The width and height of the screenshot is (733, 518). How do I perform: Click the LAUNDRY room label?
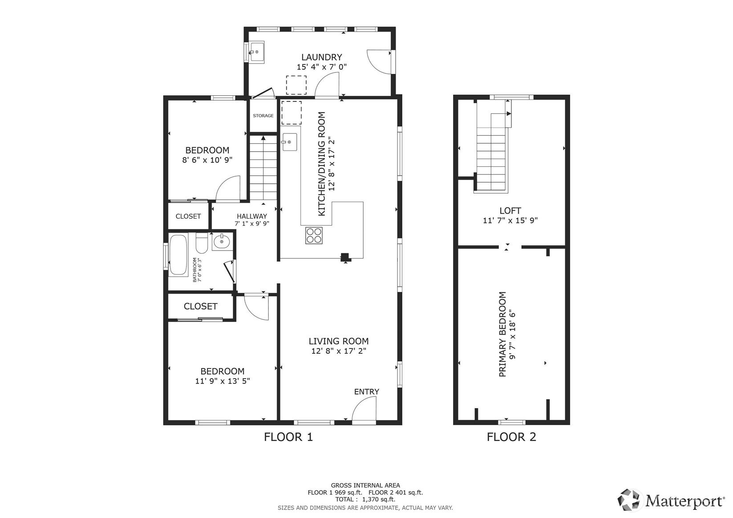[321, 57]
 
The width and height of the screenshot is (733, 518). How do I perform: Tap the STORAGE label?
[263, 116]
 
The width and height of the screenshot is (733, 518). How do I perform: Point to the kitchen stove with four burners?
[314, 235]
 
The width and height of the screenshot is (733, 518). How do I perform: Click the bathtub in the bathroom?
[178, 255]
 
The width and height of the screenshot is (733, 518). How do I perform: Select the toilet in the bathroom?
[202, 243]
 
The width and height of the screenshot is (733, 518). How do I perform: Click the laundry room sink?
[256, 52]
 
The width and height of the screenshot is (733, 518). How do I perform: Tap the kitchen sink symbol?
[290, 142]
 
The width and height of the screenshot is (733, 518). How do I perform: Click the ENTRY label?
[367, 391]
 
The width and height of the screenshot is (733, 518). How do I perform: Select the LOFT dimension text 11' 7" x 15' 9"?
[510, 221]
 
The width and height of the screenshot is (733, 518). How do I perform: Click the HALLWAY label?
[251, 216]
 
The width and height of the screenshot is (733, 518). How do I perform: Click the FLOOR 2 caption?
[511, 437]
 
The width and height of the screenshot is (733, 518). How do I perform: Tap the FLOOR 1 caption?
[288, 437]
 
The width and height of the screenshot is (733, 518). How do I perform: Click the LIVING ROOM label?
[339, 341]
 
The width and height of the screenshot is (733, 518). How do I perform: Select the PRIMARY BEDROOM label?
[502, 334]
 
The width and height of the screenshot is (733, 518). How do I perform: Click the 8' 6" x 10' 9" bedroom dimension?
[207, 160]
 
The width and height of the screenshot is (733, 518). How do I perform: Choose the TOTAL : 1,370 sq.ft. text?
[365, 500]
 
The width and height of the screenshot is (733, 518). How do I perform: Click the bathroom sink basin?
[222, 242]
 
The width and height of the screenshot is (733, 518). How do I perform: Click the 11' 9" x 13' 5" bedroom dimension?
[223, 381]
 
